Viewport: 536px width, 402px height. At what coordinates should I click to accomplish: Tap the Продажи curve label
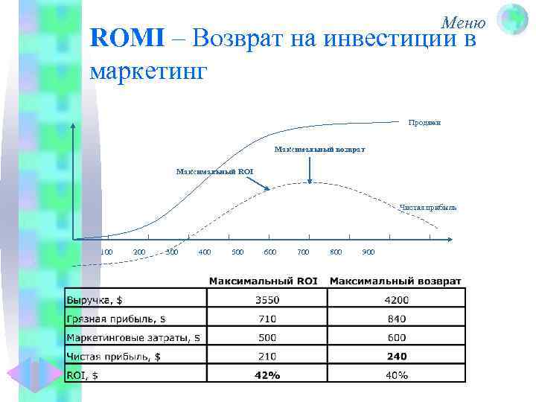point(424,122)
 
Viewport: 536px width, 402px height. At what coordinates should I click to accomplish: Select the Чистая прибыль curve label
point(427,207)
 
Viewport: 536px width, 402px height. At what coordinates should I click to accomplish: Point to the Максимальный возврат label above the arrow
point(319,150)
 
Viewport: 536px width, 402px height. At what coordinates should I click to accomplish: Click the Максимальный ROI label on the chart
point(214,171)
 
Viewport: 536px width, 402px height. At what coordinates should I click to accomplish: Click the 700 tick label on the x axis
point(303,252)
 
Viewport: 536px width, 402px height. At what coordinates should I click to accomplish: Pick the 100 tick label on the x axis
point(106,252)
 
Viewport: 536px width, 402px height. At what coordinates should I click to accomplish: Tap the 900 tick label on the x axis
point(368,252)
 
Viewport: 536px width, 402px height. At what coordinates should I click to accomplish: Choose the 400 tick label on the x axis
point(205,252)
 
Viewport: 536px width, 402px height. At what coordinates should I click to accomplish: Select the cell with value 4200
point(396,300)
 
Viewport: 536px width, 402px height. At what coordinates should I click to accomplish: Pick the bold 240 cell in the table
point(396,356)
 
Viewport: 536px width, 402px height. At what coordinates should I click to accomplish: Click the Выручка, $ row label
point(97,300)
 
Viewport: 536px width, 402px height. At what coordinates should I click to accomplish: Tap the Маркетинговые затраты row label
point(134,337)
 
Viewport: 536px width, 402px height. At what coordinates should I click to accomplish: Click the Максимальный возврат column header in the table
point(395,281)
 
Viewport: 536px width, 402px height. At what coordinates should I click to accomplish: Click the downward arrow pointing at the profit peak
point(309,170)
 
